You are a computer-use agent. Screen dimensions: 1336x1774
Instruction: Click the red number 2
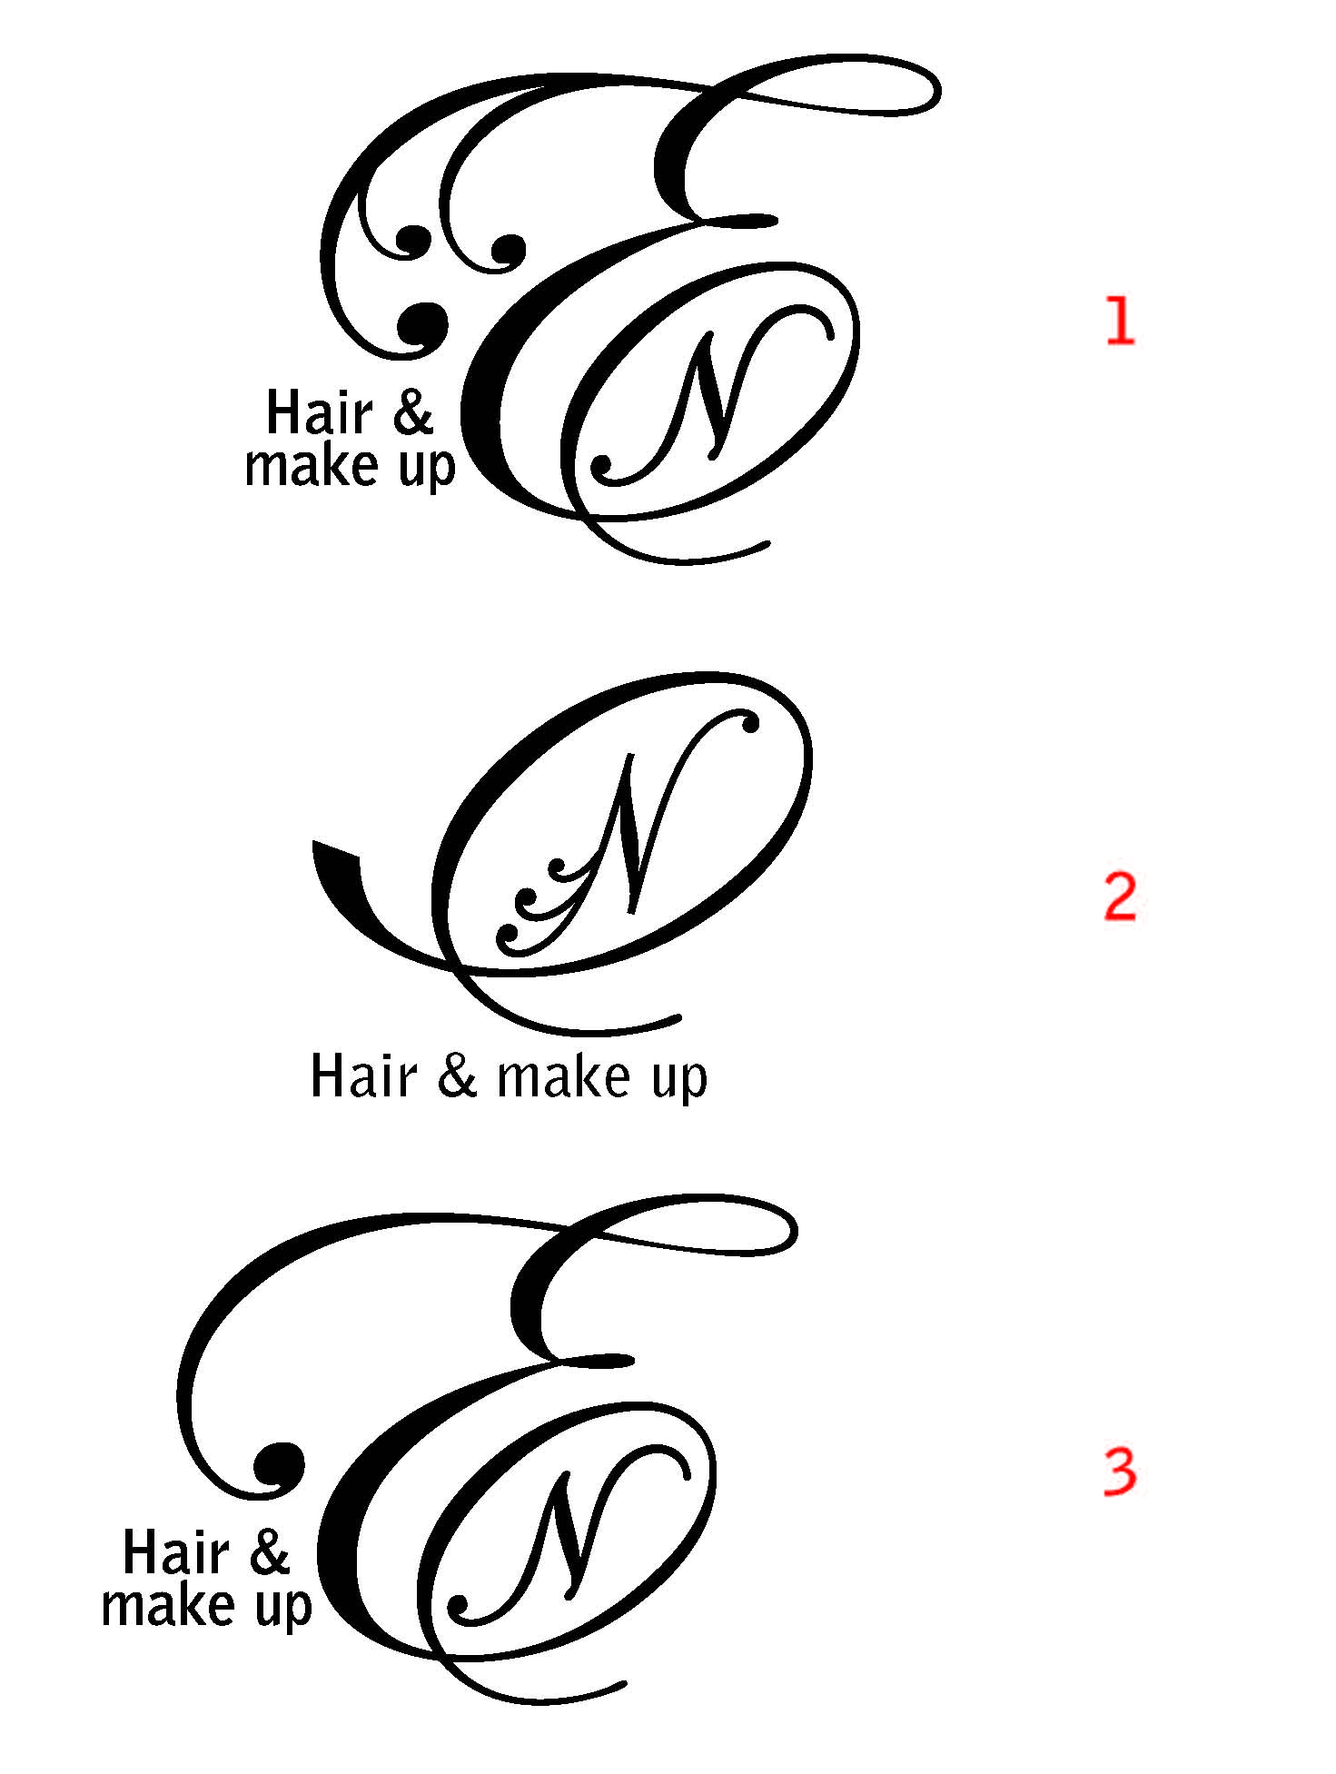pos(1120,897)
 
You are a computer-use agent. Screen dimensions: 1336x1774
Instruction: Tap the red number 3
pos(1120,1472)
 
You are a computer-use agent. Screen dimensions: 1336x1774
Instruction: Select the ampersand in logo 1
pos(414,413)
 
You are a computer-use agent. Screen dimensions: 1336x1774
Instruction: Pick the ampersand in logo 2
pos(457,1077)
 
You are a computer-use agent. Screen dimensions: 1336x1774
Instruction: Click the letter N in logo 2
pos(631,831)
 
